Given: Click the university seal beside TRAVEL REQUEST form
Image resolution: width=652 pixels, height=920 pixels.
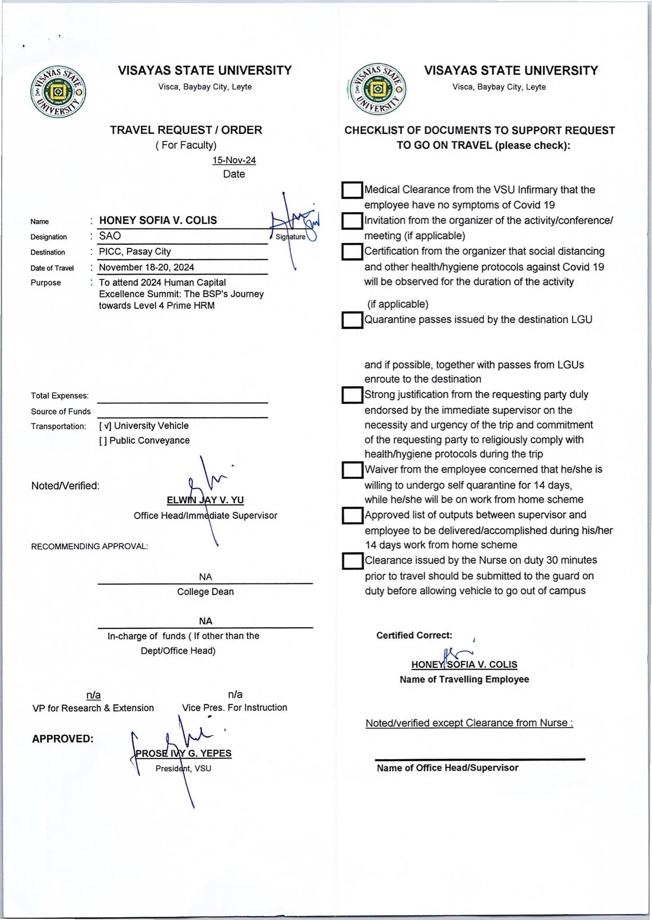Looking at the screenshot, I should pyautogui.click(x=58, y=92).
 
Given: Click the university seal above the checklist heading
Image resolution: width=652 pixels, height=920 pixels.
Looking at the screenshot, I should pyautogui.click(x=377, y=89).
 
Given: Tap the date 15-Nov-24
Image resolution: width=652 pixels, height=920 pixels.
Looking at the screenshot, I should pyautogui.click(x=234, y=160).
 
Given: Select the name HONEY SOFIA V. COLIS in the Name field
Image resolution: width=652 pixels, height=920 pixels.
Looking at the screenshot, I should pyautogui.click(x=158, y=220).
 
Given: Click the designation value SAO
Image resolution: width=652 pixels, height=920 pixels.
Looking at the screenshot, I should pyautogui.click(x=110, y=236).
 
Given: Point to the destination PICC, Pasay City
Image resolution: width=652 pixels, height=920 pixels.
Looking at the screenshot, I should pyautogui.click(x=135, y=252).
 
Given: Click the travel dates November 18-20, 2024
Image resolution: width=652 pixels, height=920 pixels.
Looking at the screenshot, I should pyautogui.click(x=146, y=267).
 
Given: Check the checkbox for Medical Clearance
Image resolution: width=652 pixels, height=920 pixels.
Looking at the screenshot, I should pyautogui.click(x=352, y=190).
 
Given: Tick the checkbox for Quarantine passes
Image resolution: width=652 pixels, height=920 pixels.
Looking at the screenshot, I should pyautogui.click(x=352, y=320).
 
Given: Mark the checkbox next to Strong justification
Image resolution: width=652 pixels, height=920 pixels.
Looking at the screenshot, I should pyautogui.click(x=352, y=395).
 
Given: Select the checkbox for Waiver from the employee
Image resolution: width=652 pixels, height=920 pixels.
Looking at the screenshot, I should pyautogui.click(x=352, y=470).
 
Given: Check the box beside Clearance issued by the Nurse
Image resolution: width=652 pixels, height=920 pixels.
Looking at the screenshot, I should pyautogui.click(x=352, y=561).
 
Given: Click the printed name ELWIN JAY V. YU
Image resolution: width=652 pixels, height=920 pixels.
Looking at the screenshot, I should pyautogui.click(x=205, y=500).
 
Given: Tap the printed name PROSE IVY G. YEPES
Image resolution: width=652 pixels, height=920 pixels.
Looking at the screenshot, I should pyautogui.click(x=183, y=753).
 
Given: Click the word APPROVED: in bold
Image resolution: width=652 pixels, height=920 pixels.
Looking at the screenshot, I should pyautogui.click(x=63, y=739).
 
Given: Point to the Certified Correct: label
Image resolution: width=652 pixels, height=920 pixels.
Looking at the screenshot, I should pyautogui.click(x=414, y=635).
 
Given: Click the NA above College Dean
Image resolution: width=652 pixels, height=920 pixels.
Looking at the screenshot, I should pyautogui.click(x=205, y=577).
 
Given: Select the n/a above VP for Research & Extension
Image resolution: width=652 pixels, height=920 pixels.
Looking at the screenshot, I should pyautogui.click(x=93, y=695).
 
